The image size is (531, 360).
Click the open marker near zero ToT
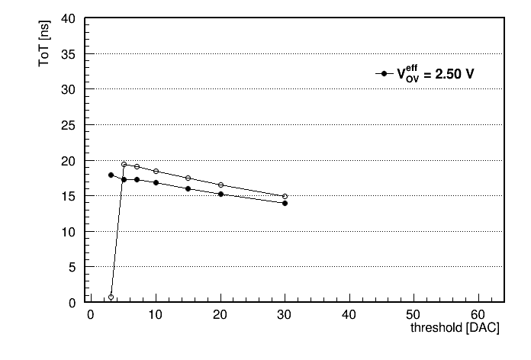[111, 297]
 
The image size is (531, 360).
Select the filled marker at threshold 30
[285, 203]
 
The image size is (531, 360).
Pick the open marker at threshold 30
[285, 197]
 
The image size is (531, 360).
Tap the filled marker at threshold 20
[220, 194]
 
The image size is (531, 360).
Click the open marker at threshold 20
[220, 185]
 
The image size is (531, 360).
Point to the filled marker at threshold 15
[188, 188]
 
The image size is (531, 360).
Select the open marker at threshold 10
[156, 172]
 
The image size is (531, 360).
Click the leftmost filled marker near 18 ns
[111, 175]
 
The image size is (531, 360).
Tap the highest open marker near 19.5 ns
[124, 165]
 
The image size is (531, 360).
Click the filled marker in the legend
[384, 73]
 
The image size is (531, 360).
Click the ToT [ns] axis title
[44, 43]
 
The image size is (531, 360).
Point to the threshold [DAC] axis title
[455, 327]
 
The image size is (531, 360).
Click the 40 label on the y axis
[69, 18]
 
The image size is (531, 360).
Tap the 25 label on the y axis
[69, 126]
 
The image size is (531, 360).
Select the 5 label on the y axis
[72, 268]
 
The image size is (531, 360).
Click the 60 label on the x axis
[478, 315]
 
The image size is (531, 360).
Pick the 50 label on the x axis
[413, 315]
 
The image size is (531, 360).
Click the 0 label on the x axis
[91, 315]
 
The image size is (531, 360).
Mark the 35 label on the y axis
[69, 54]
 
